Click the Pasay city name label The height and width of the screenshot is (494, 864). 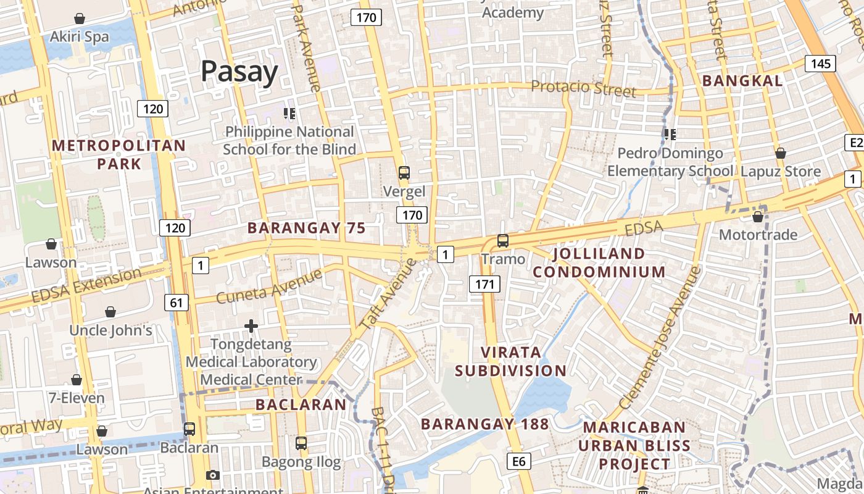click(239, 72)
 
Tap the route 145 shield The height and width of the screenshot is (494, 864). click(820, 64)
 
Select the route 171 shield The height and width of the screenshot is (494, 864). click(484, 284)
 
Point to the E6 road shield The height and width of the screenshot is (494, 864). click(519, 461)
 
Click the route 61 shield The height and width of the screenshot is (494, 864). click(177, 303)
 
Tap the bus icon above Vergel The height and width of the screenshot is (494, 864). click(404, 173)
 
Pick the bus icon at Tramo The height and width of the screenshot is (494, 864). click(503, 241)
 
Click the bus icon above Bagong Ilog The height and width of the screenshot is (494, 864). click(301, 443)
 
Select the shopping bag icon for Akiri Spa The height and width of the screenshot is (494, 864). click(80, 19)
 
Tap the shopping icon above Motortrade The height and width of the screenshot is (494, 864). click(758, 217)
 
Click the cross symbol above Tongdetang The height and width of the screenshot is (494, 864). click(251, 325)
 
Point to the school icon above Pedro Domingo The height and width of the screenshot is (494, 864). click(670, 134)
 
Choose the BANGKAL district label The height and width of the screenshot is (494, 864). click(742, 80)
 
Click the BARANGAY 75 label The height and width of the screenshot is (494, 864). click(307, 228)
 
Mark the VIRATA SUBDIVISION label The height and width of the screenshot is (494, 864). click(510, 361)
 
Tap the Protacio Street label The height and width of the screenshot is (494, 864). click(583, 89)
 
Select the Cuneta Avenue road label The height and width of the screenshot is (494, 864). click(270, 286)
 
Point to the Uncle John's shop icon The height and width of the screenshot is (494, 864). click(110, 312)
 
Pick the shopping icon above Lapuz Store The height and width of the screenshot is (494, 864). click(781, 153)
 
